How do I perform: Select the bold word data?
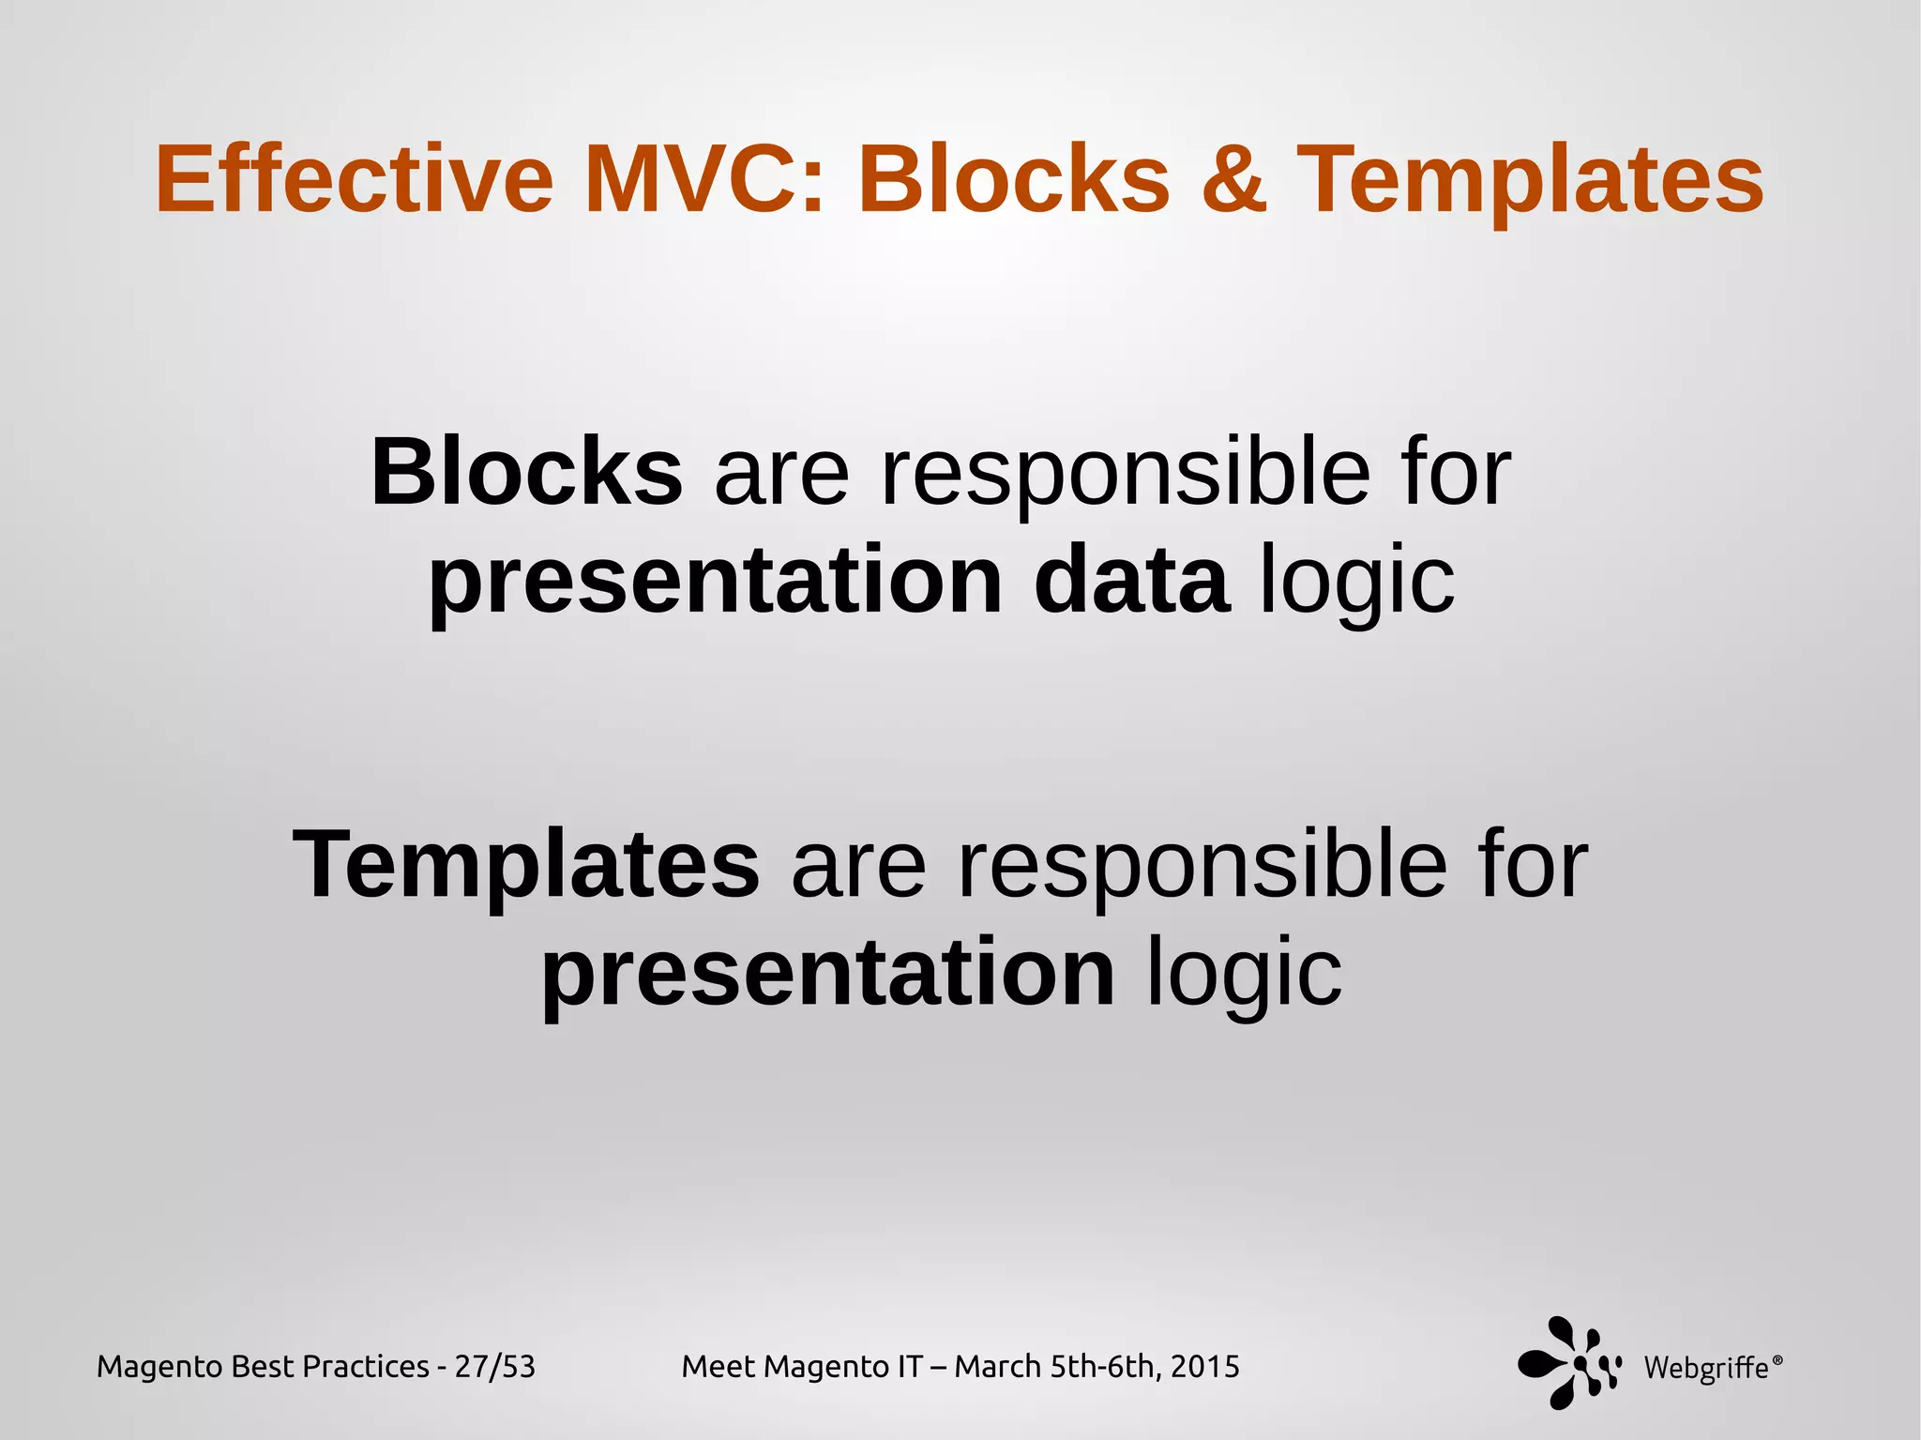[1131, 581]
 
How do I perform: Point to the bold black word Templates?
[526, 864]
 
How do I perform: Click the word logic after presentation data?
[1356, 581]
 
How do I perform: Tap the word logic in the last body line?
[1244, 973]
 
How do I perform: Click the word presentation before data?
[716, 581]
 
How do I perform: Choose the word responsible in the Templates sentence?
[1202, 864]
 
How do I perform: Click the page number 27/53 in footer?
[495, 1367]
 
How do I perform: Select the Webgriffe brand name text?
[1705, 1368]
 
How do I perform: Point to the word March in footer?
[998, 1367]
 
